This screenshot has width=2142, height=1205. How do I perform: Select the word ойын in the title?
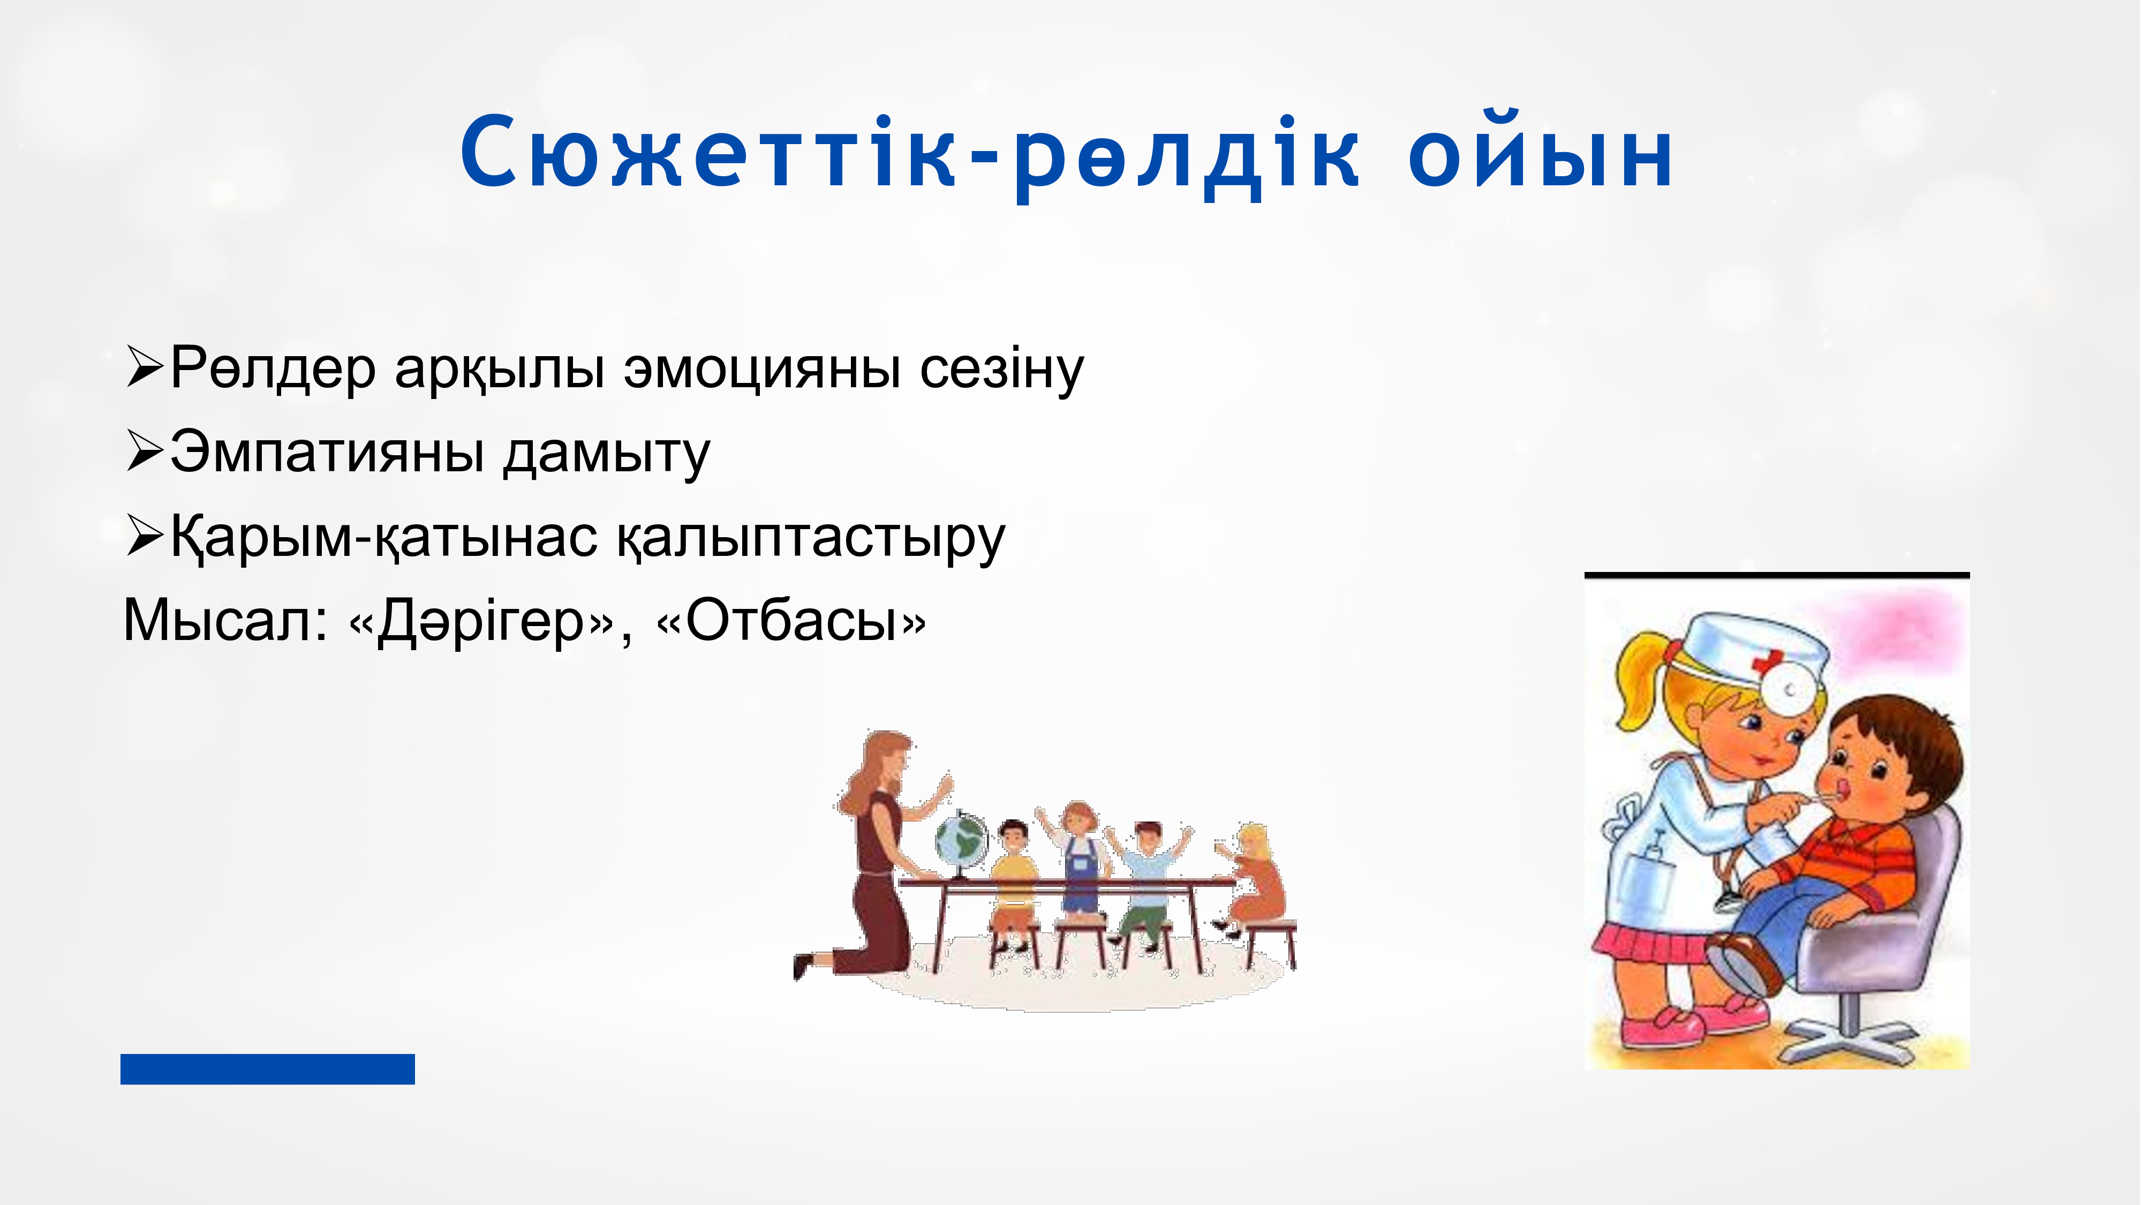pos(1541,152)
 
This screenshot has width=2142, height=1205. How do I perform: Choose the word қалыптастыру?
pos(811,539)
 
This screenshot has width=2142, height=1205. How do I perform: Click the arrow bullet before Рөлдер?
pos(145,367)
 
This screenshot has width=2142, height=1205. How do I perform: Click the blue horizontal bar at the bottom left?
pos(268,1068)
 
